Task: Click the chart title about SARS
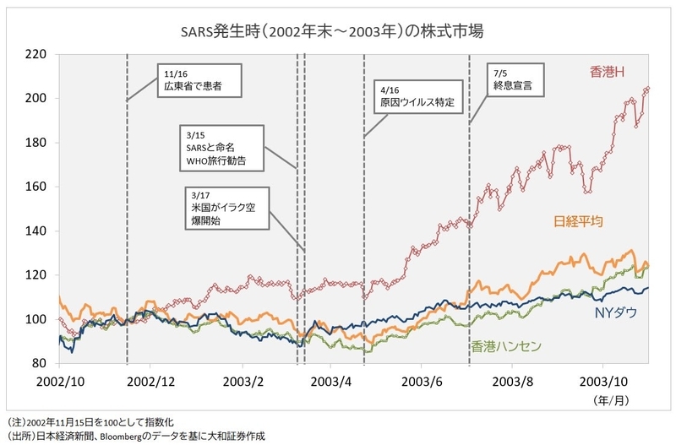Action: tap(332, 31)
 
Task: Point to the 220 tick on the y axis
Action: tap(35, 54)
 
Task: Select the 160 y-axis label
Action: tap(35, 187)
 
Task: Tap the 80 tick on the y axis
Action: tap(39, 363)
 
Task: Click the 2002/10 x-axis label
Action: tap(60, 382)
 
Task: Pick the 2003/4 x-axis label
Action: tap(330, 382)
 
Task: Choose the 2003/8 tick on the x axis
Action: tap(513, 382)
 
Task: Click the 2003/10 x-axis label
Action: tap(603, 382)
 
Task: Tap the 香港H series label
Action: tap(607, 72)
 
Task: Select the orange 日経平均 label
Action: tap(578, 221)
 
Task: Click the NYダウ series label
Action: tap(616, 312)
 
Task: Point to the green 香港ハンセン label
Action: tap(505, 346)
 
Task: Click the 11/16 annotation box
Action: tap(199, 80)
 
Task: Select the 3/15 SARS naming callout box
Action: tap(221, 148)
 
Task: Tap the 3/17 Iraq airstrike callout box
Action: tap(227, 209)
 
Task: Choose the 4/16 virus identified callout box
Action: tap(417, 96)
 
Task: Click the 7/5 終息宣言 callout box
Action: tap(515, 80)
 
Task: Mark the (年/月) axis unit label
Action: tap(611, 400)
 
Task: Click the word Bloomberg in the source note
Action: tap(120, 436)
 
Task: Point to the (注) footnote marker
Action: tap(15, 421)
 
